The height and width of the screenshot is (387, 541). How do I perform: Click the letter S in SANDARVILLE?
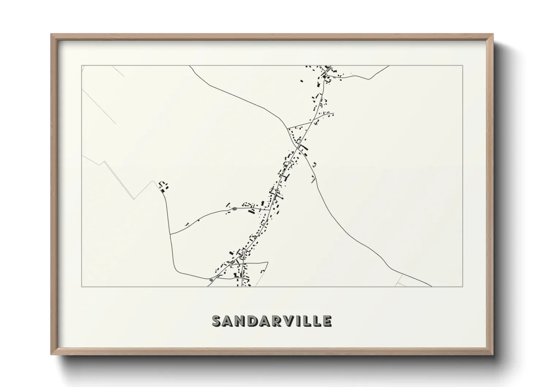pos(218,321)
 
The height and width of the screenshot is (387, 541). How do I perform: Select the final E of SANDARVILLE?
pos(326,321)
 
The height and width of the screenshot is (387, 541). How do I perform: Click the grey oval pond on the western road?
pos(234,209)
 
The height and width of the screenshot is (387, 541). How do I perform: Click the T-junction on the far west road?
pos(170,234)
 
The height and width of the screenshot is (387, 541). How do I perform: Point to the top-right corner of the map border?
pos(463,65)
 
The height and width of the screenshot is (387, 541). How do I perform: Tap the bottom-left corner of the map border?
pos(82,287)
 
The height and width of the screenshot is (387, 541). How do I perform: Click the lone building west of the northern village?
pos(302,81)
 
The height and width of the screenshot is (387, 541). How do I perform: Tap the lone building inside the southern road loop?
pos(262,270)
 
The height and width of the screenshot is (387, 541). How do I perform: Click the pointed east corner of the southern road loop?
pos(268,262)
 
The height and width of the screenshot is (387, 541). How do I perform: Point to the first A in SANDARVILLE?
pos(230,321)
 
